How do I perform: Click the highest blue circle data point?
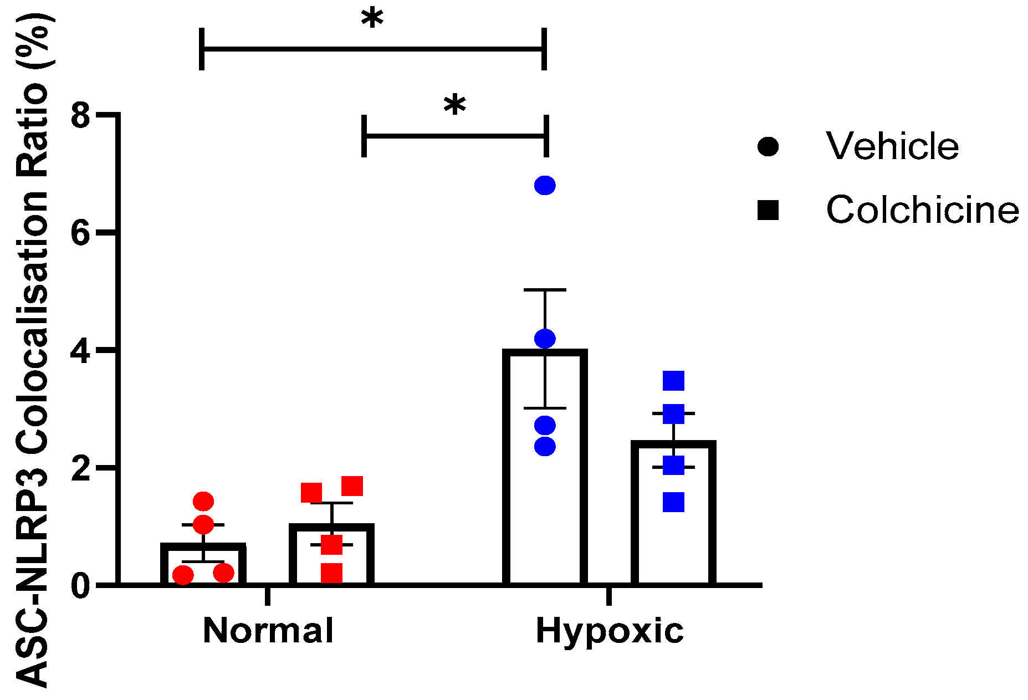coord(545,186)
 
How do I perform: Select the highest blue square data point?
coord(673,381)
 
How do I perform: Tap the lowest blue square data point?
coord(673,502)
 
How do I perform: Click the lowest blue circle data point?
coord(545,446)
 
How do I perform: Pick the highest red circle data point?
coord(203,502)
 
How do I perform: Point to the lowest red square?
coord(331,573)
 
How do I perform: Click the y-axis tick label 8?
coord(81,116)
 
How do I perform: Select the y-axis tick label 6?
coord(81,234)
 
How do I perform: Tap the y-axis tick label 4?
coord(81,351)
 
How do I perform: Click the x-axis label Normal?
coord(268,631)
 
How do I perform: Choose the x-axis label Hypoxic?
coord(610,631)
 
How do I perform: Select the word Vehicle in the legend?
coord(892,146)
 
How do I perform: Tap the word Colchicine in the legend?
coord(922,210)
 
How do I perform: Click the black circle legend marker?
coord(768,147)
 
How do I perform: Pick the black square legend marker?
coord(768,211)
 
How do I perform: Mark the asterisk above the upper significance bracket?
coord(372,20)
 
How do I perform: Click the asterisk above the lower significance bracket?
coord(454,106)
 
